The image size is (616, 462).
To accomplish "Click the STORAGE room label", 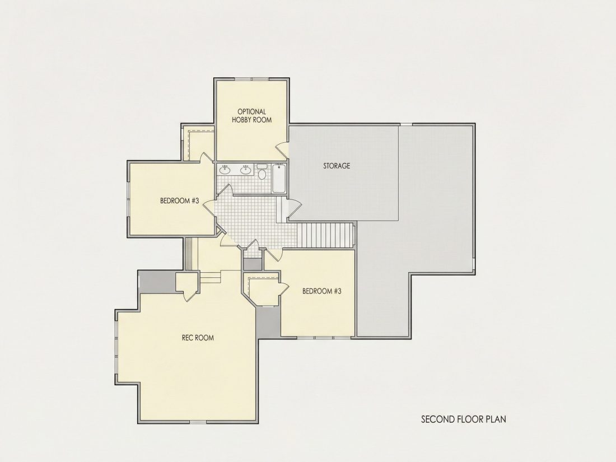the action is click(x=337, y=166).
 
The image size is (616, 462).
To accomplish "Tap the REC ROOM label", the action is click(x=198, y=338).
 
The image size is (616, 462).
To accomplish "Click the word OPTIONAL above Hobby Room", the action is click(x=251, y=112).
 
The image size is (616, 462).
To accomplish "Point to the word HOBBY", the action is click(x=241, y=120).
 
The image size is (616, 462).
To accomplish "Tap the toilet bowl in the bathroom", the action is click(x=262, y=174).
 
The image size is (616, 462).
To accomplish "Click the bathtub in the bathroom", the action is click(x=279, y=178).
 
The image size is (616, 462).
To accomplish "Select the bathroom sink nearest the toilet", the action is click(x=246, y=170).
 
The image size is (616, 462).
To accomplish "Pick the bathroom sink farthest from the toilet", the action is click(x=225, y=170).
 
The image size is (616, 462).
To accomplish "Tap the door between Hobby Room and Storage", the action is click(x=282, y=150).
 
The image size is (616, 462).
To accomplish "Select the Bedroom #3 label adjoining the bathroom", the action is click(x=180, y=200).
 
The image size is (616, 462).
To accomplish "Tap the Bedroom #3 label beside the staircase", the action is click(x=322, y=291).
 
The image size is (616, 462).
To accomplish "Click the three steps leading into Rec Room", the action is click(x=211, y=277).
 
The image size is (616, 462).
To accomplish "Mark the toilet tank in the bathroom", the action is click(x=262, y=167).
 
